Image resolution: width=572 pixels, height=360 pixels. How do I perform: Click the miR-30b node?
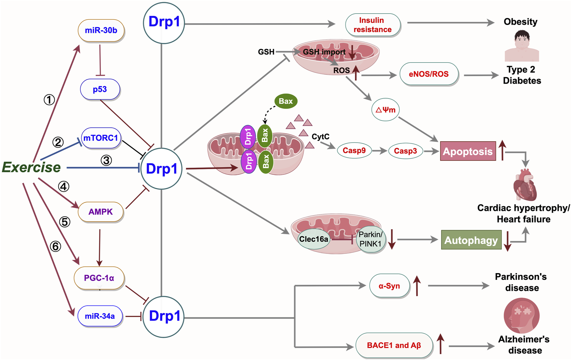coord(101,30)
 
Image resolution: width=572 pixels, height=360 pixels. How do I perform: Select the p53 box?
coord(100,89)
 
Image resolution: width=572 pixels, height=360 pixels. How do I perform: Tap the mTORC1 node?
coord(101,138)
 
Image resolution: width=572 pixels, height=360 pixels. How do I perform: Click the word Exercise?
coord(31,167)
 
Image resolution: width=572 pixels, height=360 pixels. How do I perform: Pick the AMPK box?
coord(100,212)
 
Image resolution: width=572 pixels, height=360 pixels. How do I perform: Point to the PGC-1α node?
coord(99,278)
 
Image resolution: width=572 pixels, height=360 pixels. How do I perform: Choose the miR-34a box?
coord(100,316)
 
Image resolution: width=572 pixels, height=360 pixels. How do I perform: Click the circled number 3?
coord(106,160)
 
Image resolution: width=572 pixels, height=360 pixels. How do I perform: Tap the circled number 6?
coord(55,246)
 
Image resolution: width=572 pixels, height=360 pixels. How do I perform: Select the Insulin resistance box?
coord(372,25)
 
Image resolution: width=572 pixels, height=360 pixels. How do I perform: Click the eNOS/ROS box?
coord(429,74)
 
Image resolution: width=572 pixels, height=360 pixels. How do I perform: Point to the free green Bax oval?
coord(286,101)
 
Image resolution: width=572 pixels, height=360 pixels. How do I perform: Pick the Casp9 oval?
coord(354,151)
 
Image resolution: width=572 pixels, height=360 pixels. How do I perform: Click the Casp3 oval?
coord(405,151)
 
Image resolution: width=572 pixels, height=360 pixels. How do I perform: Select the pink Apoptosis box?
coord(468,151)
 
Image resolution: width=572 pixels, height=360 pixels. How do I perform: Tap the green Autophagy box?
coord(471,240)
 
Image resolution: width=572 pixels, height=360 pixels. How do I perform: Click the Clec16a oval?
coord(314,239)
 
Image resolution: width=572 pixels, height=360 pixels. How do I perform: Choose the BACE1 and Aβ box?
coord(394,345)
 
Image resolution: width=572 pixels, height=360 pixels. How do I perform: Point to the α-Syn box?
coord(389,286)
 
